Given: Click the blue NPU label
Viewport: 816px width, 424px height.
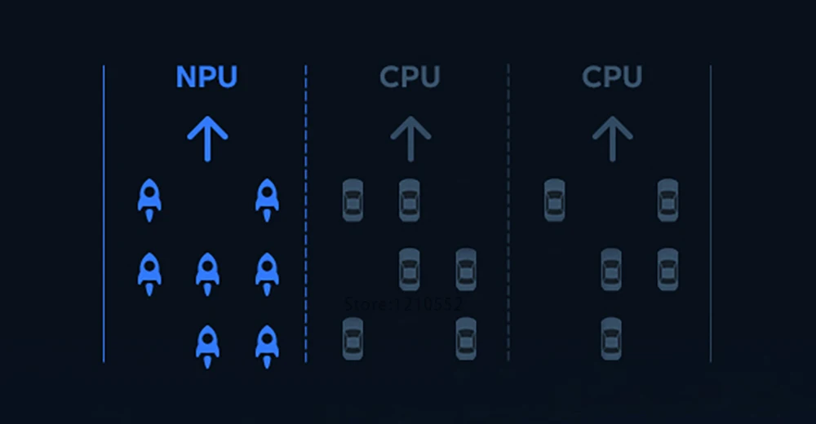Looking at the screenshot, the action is coord(206,77).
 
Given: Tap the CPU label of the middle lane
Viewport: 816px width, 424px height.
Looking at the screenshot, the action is coord(410,77).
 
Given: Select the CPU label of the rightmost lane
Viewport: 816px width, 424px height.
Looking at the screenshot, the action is coord(612,77).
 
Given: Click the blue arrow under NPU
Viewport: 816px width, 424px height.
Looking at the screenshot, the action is coord(207,138).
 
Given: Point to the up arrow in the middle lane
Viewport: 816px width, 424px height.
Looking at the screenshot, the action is coord(410,138).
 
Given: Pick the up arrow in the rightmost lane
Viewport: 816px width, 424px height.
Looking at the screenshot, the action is coord(612,138).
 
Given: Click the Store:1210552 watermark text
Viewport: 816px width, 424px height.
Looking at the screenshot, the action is coord(404,304).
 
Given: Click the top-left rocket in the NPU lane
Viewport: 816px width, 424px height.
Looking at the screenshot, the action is coord(149,199).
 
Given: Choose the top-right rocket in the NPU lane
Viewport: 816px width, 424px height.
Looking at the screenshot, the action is coord(267,199).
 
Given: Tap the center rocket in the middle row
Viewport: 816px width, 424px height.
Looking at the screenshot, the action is coord(208,272).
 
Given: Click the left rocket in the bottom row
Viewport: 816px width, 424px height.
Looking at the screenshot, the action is coord(208,345).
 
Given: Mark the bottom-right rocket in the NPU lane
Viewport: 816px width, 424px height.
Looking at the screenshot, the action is coord(267,345).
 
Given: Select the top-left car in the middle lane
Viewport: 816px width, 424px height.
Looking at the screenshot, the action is coord(353,201).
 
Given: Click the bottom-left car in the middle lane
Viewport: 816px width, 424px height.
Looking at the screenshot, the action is coord(353,339).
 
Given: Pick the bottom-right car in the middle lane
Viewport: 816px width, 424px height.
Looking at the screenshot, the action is coord(466,339).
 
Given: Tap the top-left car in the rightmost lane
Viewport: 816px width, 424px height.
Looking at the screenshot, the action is coord(554,201).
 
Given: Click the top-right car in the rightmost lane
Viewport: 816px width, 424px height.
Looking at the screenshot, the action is coord(667,201).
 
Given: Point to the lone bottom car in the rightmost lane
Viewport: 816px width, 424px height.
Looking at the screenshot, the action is coord(611,339).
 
